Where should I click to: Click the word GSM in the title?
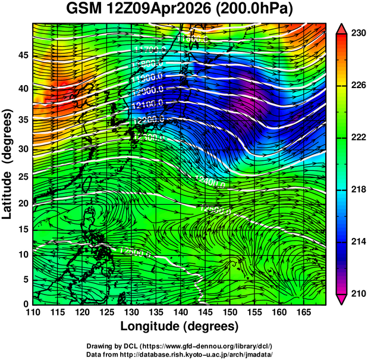pos(86,10)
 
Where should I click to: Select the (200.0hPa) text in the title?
pos(256,10)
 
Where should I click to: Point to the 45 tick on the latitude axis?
pos(23,55)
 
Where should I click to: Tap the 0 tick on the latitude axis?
pos(26,304)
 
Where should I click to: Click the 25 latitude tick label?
pos(23,177)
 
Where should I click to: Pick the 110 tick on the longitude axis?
pos(33,312)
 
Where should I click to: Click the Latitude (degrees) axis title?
pos(8,163)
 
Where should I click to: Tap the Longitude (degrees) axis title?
pos(180,326)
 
